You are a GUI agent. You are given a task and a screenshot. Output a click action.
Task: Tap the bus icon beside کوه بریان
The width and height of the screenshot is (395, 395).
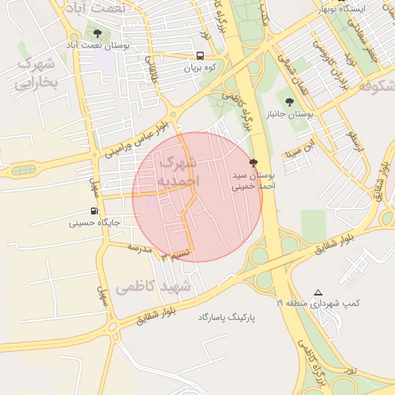tap(201, 56)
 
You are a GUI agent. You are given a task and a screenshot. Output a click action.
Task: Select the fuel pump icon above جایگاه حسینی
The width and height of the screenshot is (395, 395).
tap(94, 211)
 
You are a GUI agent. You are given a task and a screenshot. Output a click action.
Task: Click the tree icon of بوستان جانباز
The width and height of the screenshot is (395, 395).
tap(289, 101)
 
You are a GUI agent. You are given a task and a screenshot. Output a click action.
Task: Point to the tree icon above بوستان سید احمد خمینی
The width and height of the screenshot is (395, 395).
tap(254, 163)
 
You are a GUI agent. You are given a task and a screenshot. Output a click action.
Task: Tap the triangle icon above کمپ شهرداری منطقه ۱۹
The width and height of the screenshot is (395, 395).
tap(318, 292)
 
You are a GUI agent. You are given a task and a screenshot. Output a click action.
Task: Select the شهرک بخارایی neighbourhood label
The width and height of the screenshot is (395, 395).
tap(36, 73)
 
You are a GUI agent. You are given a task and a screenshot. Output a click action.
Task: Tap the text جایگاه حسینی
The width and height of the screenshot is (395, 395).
tap(93, 224)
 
